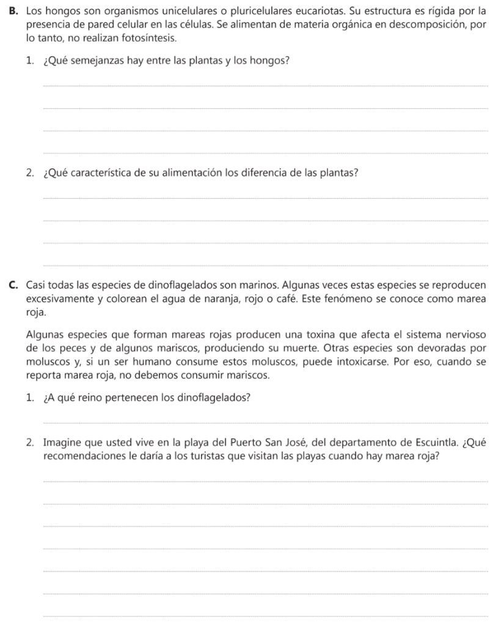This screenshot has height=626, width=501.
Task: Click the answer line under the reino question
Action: [x=266, y=422]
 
